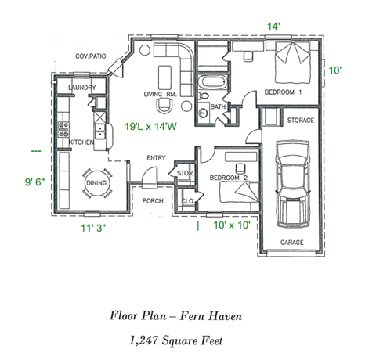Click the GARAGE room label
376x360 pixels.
pyautogui.click(x=292, y=243)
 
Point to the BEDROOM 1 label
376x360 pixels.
pyautogui.click(x=281, y=92)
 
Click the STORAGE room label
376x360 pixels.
pyautogui.click(x=300, y=121)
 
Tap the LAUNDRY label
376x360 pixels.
pyautogui.click(x=82, y=87)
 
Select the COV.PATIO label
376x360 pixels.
pyautogui.click(x=90, y=56)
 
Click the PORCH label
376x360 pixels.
pyautogui.click(x=153, y=200)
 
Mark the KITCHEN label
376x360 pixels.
pyautogui.click(x=81, y=143)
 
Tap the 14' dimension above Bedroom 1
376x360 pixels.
pyautogui.click(x=273, y=27)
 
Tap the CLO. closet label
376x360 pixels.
pyautogui.click(x=187, y=201)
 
